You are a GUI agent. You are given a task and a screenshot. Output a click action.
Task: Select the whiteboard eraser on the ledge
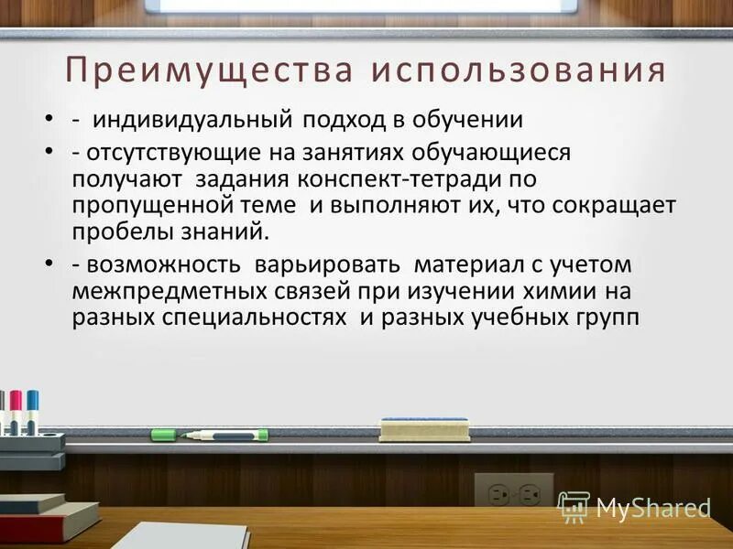423,428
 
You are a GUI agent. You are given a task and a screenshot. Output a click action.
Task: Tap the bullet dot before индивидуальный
48,121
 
